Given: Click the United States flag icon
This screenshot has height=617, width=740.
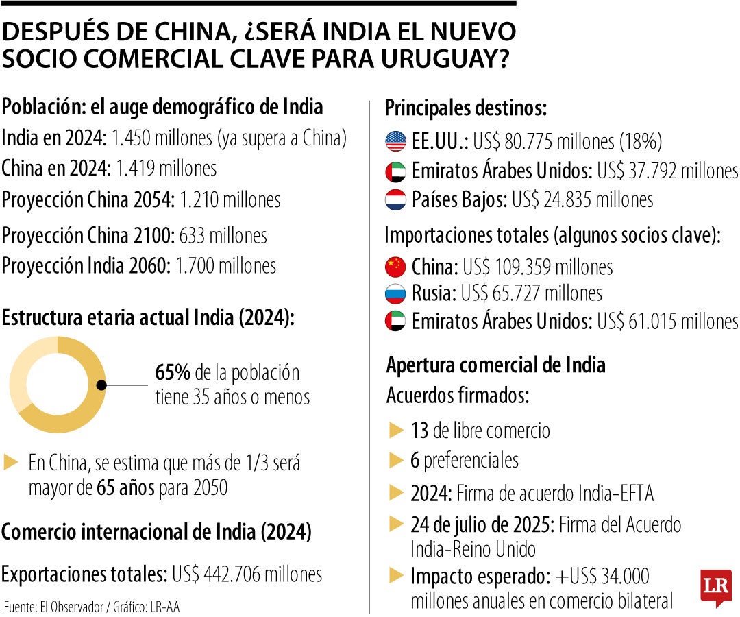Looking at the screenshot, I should pos(396,141).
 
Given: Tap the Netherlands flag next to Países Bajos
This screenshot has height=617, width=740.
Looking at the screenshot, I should pos(396,199).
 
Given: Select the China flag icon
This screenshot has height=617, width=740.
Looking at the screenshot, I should pos(396,266).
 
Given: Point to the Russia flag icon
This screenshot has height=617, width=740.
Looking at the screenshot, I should pos(396,293).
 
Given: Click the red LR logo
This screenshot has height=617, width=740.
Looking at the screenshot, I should pos(715,587).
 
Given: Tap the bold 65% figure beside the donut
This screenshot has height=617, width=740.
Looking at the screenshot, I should pos(173,373).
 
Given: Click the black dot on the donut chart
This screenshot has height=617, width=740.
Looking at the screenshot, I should pos(101,385).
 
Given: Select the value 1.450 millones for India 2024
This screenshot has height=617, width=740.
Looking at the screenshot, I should pos(162,138).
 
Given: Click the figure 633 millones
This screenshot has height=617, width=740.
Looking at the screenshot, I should pos(223,235).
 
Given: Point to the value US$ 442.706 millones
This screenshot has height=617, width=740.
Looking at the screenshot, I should pos(247,573).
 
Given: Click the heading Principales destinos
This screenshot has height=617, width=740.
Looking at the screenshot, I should pos(465,108).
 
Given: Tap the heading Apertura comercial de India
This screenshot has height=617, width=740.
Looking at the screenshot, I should pos(496,365).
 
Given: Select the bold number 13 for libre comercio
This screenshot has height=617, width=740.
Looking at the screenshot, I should pos(419,431).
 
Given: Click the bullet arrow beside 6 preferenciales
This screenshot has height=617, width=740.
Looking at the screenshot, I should pos(396,459).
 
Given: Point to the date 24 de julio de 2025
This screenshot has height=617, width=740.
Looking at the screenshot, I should pos(482,525).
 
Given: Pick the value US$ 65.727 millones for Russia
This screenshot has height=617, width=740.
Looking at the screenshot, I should pos(531,293).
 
